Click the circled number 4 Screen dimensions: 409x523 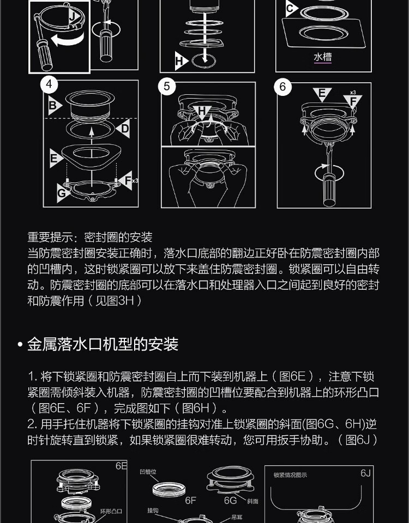tap(49, 84)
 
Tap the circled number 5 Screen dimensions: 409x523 tap(167, 87)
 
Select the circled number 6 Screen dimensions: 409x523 tap(283, 87)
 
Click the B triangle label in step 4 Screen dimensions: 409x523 tap(55, 105)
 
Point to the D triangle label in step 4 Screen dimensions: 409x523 tap(124, 129)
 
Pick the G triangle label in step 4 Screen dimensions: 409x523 tap(63, 193)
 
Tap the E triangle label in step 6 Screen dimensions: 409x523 tap(322, 94)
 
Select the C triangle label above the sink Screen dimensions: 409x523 tap(291, 8)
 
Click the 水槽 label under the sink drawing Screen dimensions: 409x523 tap(322, 57)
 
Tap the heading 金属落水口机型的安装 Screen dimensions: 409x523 tap(103, 344)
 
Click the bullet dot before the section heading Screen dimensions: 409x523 tap(20, 344)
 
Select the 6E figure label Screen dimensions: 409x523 tap(121, 466)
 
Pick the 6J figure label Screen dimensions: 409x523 tap(365, 473)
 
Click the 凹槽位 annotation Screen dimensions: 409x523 tap(148, 472)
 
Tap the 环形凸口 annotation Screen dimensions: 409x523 tap(111, 512)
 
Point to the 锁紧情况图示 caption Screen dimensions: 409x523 tap(290, 475)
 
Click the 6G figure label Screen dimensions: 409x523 tap(230, 500)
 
